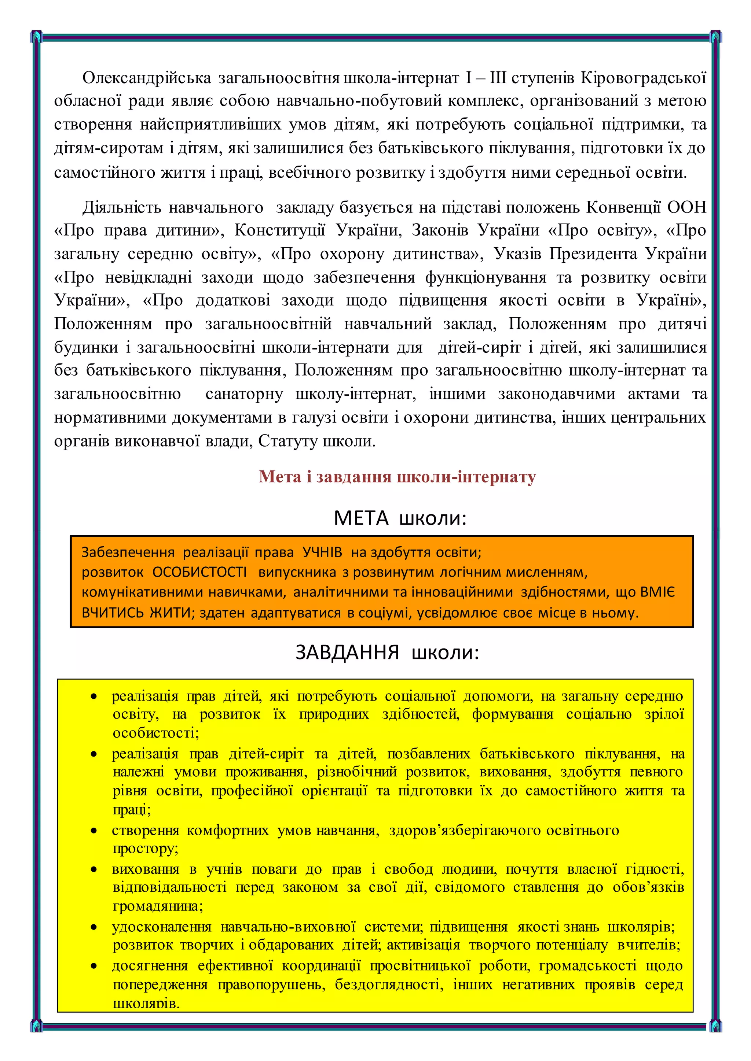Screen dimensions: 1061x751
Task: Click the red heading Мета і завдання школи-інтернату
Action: click(397, 476)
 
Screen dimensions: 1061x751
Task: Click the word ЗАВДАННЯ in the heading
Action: click(347, 653)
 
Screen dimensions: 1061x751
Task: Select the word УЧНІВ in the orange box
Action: click(322, 552)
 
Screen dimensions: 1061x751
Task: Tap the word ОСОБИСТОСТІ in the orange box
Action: click(199, 572)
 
